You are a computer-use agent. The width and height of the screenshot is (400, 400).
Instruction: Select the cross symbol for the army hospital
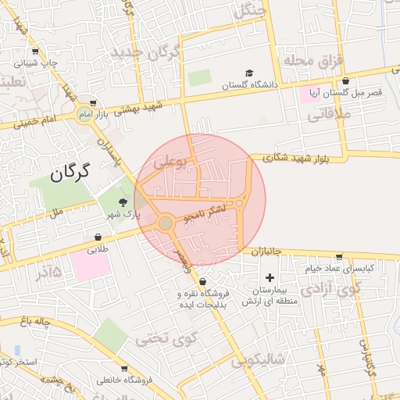tap(270, 277)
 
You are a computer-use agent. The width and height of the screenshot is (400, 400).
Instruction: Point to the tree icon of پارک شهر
tap(122, 202)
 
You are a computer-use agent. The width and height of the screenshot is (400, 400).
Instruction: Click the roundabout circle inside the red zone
tap(166, 224)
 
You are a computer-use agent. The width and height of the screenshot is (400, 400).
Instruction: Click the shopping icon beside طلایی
tap(98, 237)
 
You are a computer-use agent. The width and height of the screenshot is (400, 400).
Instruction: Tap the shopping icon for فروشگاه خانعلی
tap(124, 368)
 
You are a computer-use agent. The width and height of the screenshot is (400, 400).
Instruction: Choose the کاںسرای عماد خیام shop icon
tap(338, 256)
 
